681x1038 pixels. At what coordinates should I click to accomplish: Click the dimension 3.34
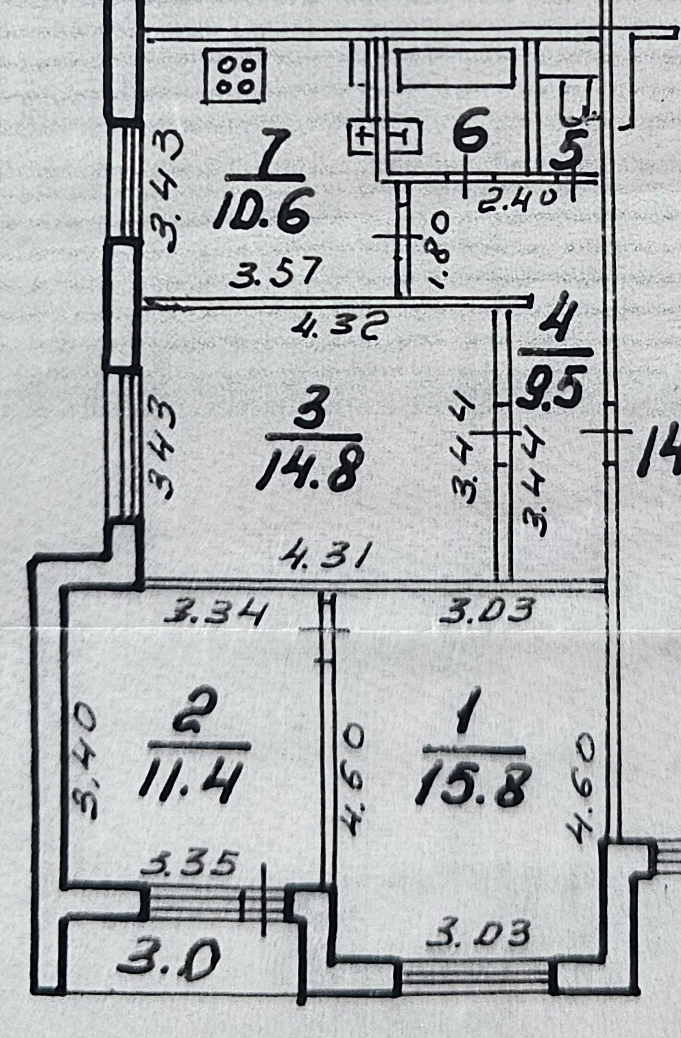click(215, 611)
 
